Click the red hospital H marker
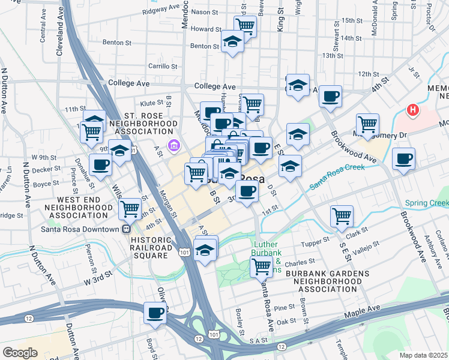pos(412,110)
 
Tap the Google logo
pos(20,353)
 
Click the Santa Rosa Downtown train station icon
pos(127,229)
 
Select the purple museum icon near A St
pos(173,145)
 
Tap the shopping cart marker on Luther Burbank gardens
pos(261,265)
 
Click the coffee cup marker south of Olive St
pos(155,312)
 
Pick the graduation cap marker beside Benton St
pos(232,41)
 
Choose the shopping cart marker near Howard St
pos(245,25)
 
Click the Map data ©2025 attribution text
pos(424,355)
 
